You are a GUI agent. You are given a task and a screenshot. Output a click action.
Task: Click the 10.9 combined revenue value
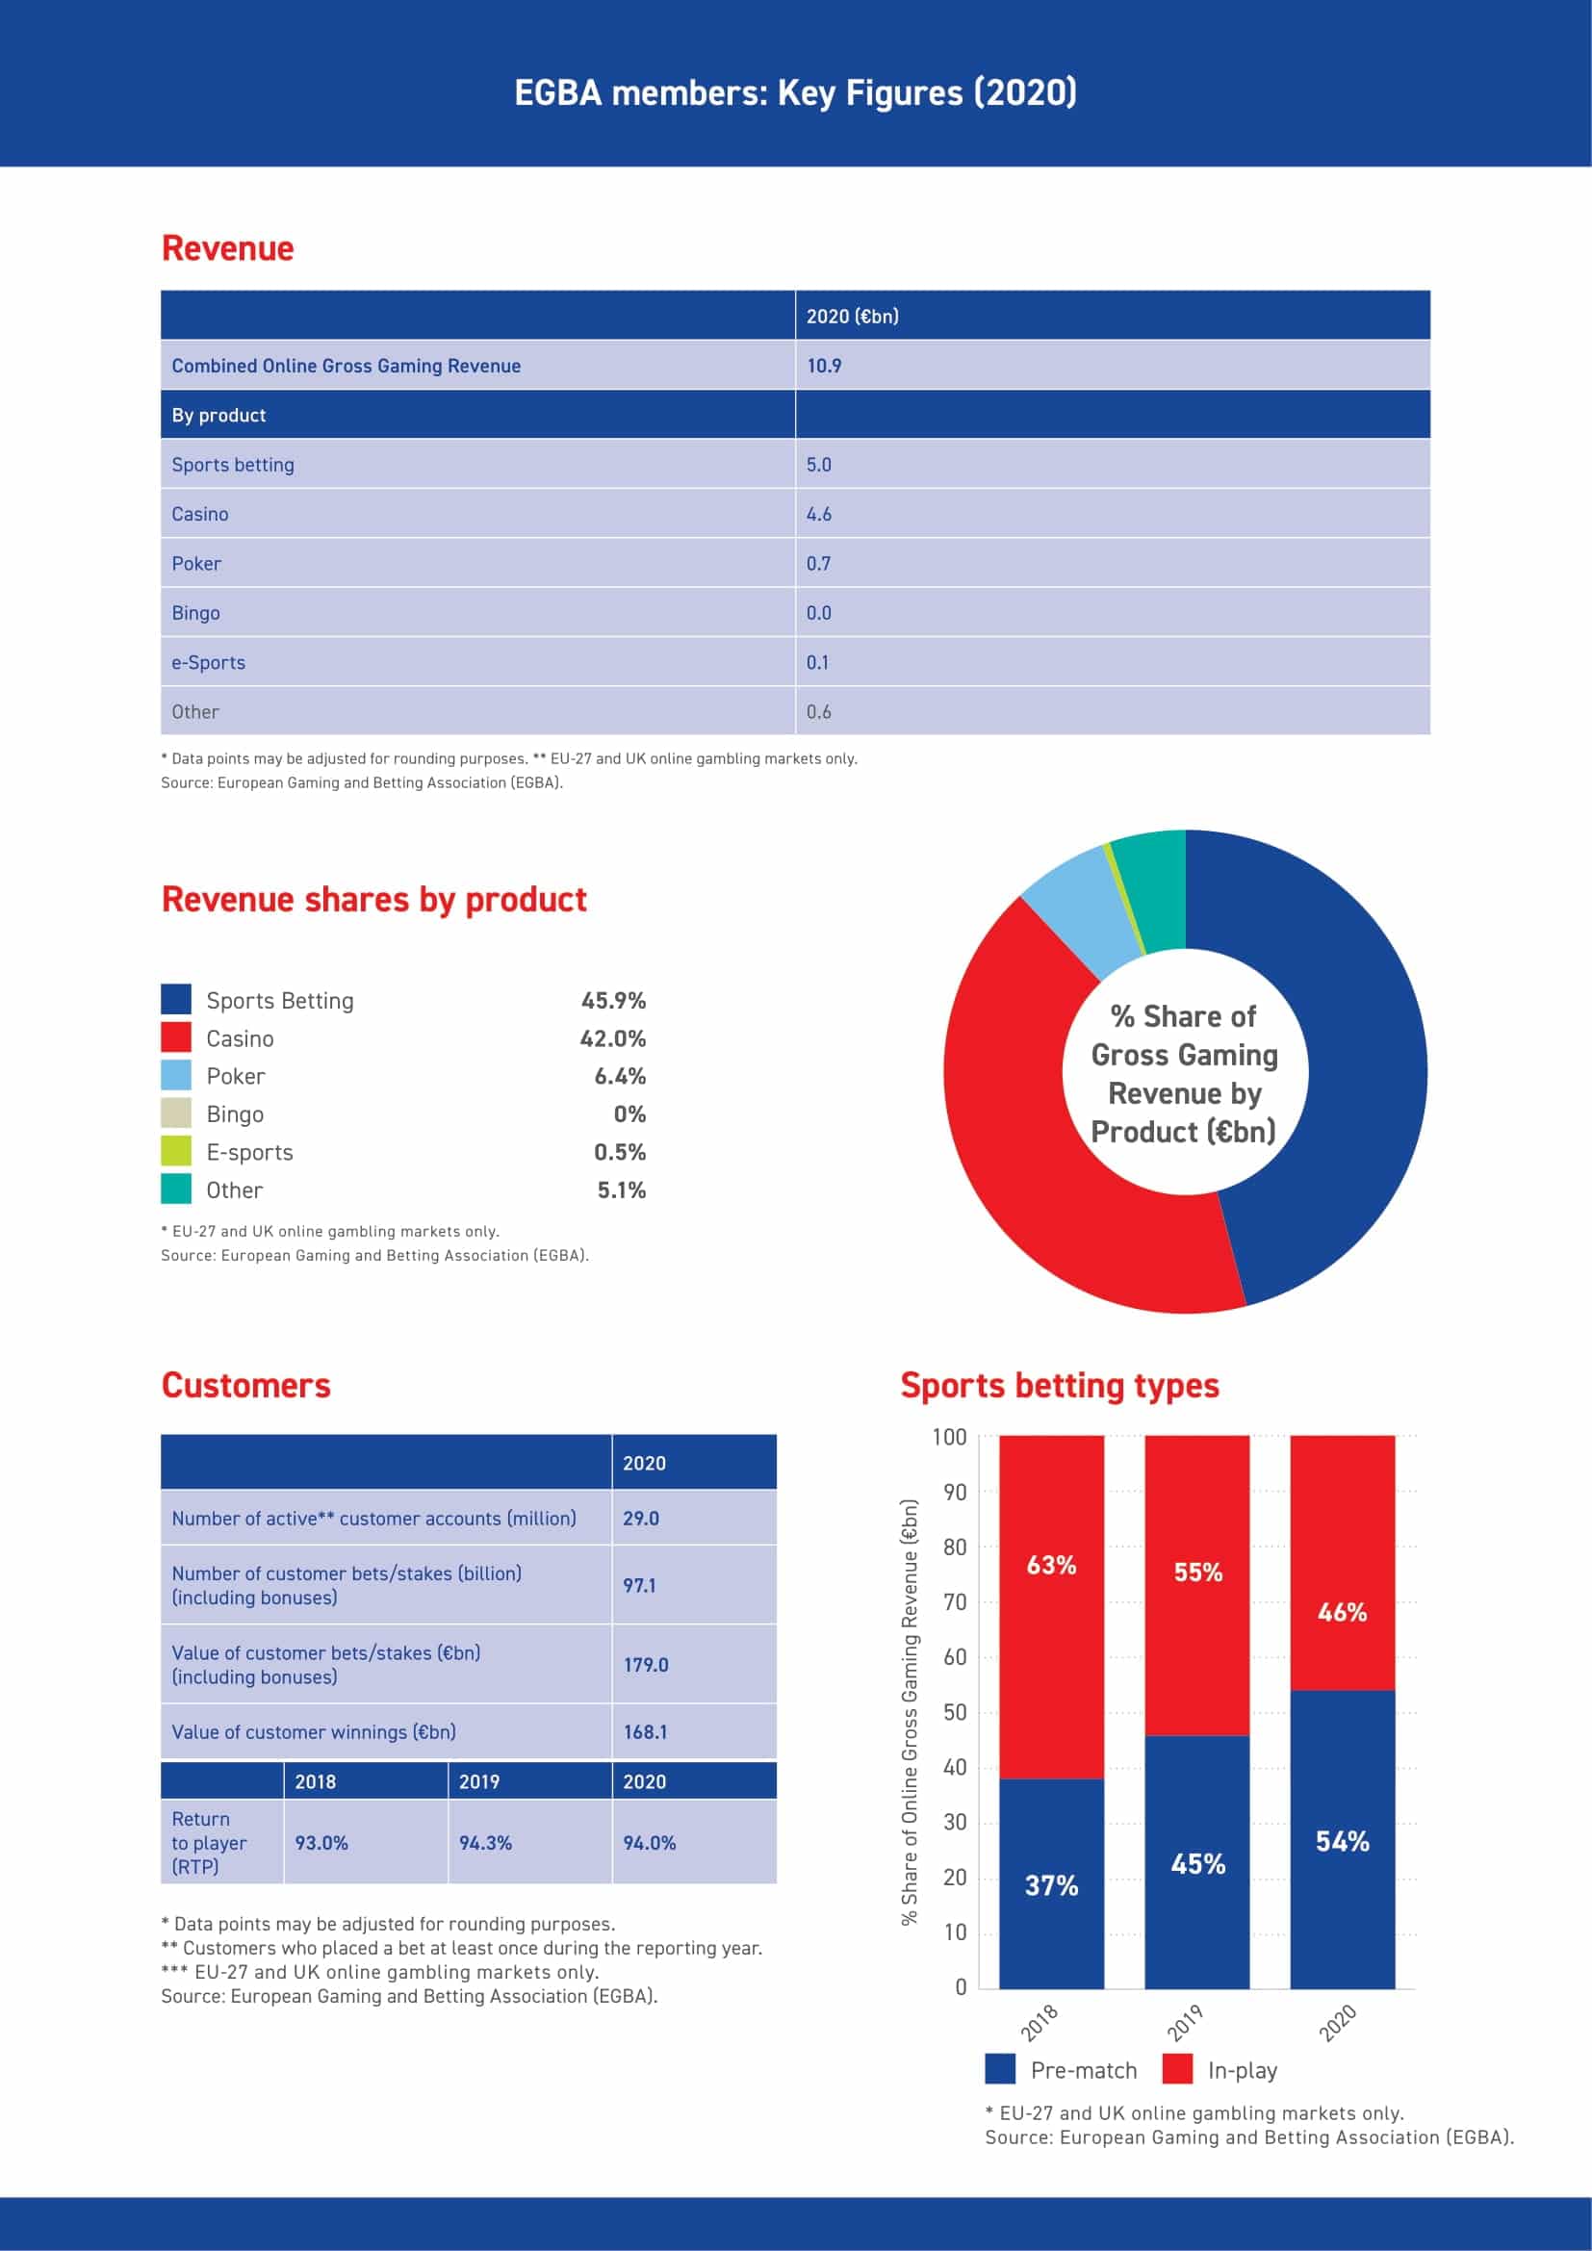824,366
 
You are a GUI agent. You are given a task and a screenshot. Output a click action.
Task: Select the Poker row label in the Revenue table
196,564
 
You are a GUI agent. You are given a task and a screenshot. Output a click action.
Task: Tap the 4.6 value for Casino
818,514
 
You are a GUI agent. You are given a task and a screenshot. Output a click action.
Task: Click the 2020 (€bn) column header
852,316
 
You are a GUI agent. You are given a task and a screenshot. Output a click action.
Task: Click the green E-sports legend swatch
176,1151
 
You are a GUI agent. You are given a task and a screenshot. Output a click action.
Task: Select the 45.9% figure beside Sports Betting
614,1000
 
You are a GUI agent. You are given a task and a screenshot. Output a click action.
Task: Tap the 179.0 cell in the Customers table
646,1665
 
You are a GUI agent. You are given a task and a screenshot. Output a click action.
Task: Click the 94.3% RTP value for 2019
485,1843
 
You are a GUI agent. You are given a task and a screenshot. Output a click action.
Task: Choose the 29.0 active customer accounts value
641,1518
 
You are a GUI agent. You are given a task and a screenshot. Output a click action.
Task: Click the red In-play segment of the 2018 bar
1052,1608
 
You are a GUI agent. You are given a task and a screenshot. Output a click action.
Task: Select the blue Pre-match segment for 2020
1343,1839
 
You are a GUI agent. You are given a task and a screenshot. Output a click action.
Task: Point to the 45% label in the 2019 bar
1198,1864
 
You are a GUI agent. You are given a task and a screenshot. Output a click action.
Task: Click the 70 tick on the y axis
955,1602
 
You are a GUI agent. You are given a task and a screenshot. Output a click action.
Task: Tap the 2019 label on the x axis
1184,2024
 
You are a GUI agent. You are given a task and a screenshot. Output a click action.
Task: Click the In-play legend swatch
1177,2070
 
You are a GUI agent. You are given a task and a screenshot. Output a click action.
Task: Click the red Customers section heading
246,1385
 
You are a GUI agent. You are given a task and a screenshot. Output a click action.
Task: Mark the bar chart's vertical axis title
910,1712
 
